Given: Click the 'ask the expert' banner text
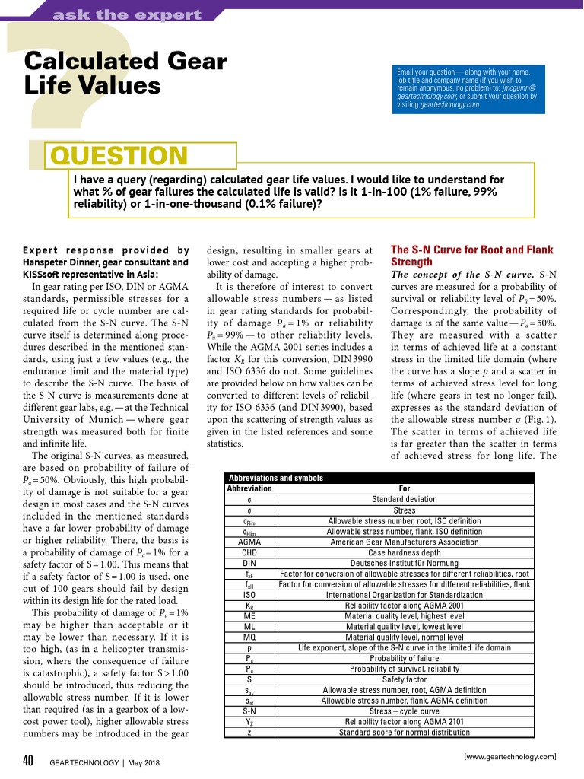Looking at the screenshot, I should tap(126, 14).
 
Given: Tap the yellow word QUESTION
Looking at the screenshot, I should tap(119, 155).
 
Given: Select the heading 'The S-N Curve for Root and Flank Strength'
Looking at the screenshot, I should tap(471, 256).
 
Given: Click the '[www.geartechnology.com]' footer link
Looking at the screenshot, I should tap(509, 756).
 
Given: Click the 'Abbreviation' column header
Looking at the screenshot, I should tap(249, 488).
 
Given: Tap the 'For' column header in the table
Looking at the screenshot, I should tap(405, 488).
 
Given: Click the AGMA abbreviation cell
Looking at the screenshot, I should tap(249, 542).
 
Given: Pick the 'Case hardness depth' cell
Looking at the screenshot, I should tap(405, 552).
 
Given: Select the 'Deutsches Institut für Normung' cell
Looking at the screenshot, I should tap(405, 563).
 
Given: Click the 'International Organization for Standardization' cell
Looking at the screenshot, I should tap(405, 595).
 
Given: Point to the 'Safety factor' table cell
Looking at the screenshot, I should tap(405, 679).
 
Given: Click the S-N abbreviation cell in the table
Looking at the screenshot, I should tap(249, 711).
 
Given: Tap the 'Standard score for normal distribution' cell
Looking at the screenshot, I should tap(405, 733).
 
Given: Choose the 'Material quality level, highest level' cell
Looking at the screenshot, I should tap(405, 615).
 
